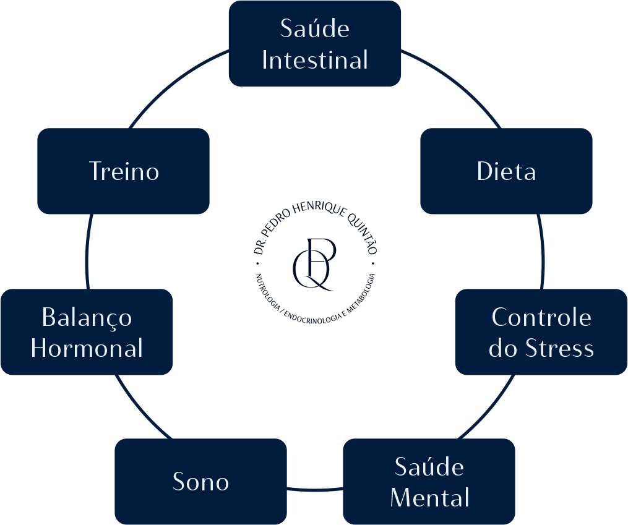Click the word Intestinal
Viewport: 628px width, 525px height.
pos(315,61)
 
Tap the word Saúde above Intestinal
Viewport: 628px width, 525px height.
pos(315,29)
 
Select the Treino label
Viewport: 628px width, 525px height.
pos(124,171)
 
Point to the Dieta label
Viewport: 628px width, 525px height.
pos(506,171)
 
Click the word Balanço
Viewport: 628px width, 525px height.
pos(87,318)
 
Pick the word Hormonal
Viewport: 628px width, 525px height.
pos(87,349)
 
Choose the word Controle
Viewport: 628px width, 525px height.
pos(541,318)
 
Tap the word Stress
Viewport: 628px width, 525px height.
pos(559,349)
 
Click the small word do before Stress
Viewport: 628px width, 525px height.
pos(503,349)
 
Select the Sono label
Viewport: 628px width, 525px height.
pos(200,482)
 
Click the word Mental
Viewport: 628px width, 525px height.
pos(430,498)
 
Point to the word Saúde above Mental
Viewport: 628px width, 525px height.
pos(429,467)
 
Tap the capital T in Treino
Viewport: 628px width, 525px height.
pos(97,171)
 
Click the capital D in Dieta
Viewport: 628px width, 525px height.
pos(485,171)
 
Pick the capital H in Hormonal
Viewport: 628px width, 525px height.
pos(40,349)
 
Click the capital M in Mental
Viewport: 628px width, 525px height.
pos(402,498)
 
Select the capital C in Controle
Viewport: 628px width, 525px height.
pos(501,318)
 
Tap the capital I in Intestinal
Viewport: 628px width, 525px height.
pos(265,61)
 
